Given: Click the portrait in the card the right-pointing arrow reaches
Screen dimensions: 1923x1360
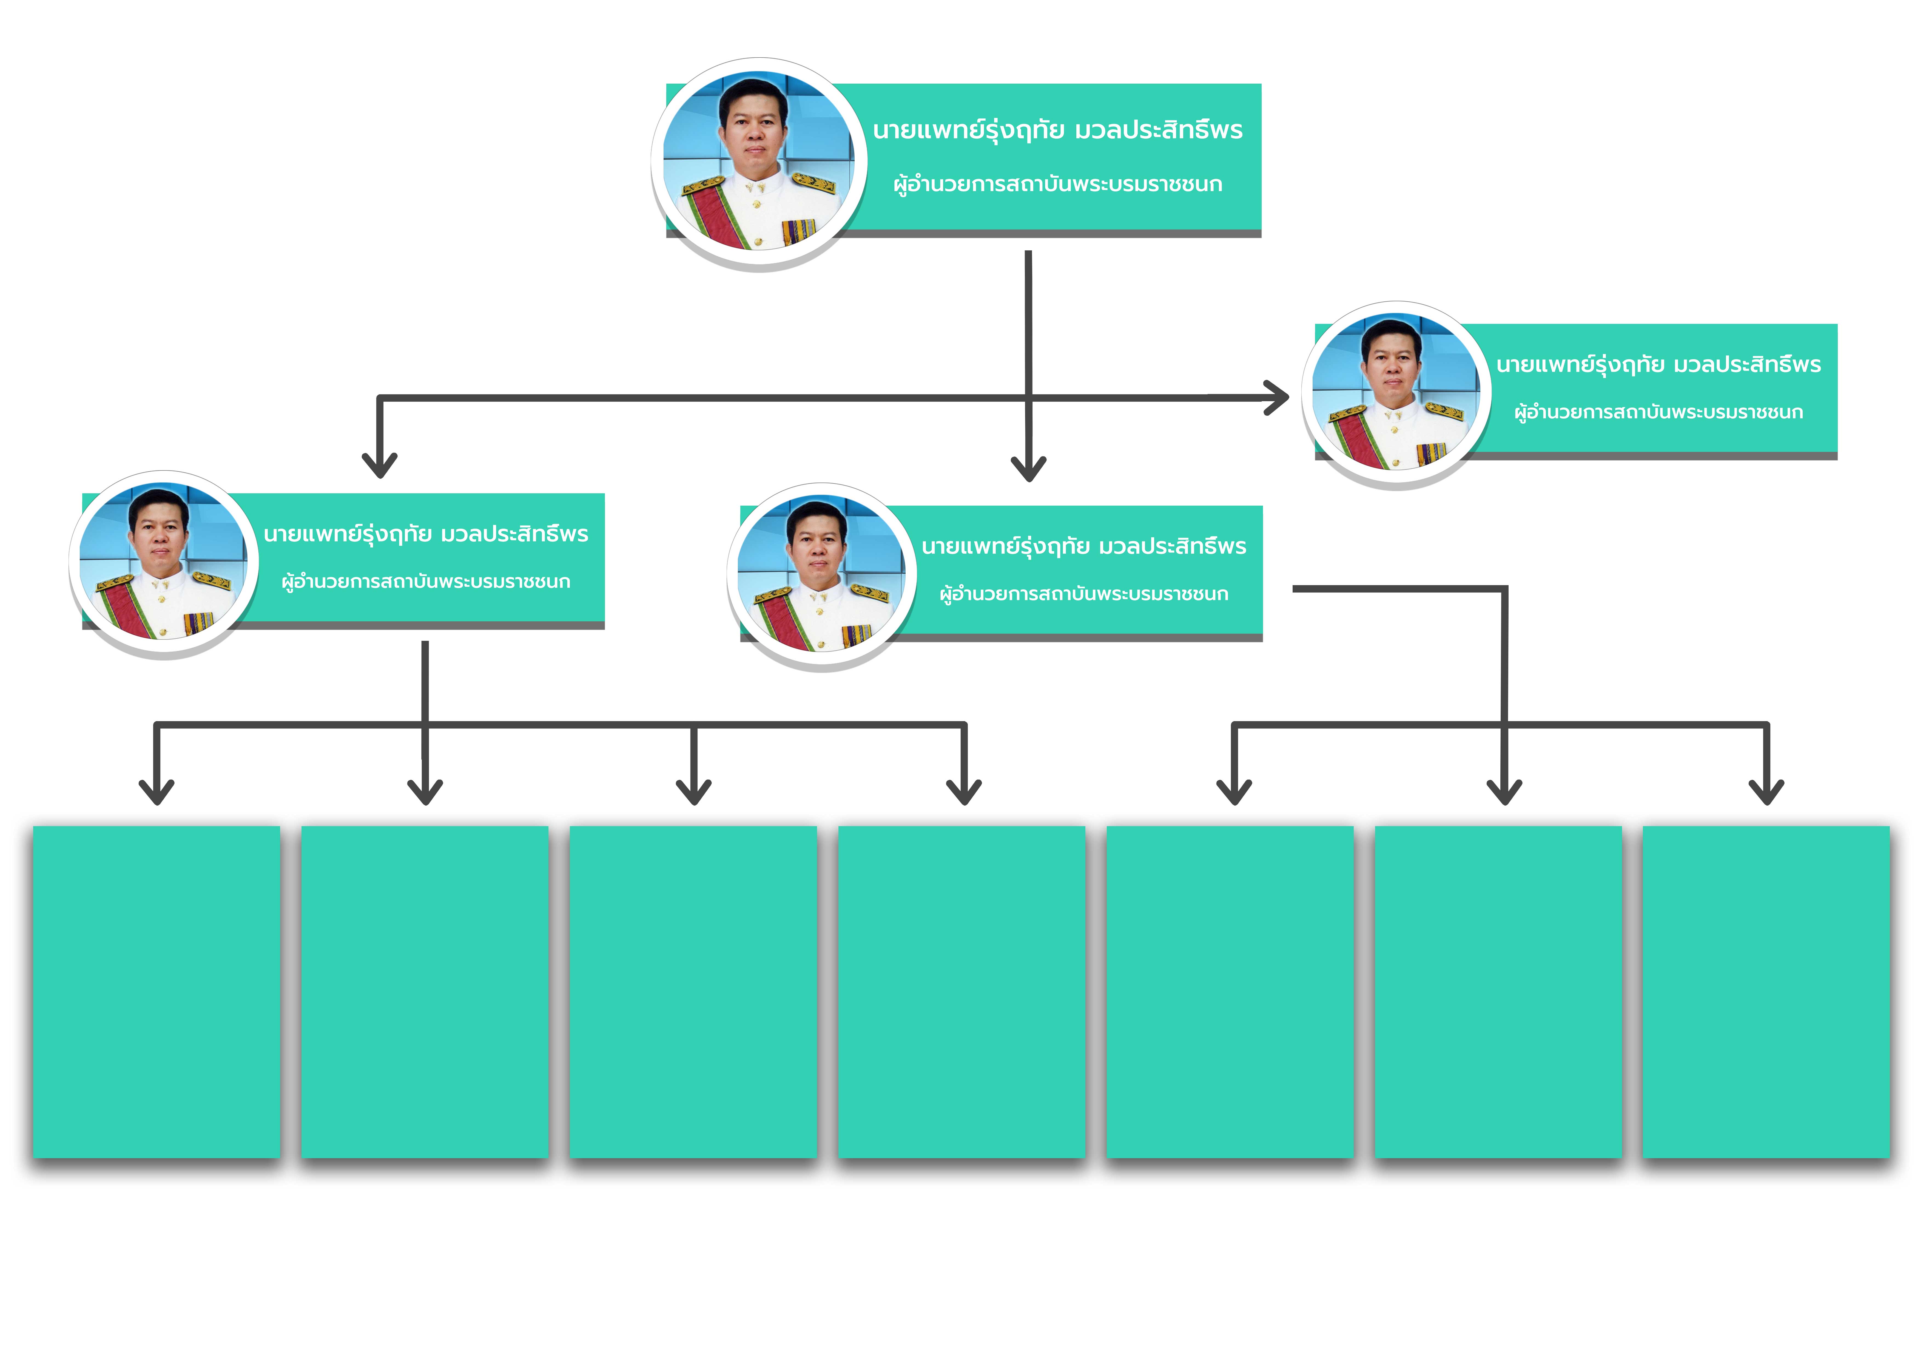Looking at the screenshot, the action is [x=1395, y=392].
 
